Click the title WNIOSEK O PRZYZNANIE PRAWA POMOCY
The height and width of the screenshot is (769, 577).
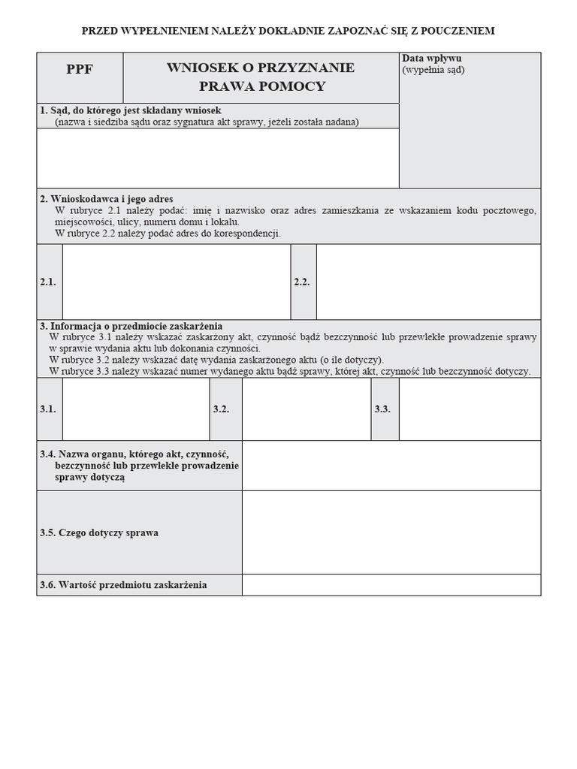(x=261, y=77)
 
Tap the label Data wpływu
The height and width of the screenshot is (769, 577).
(x=431, y=59)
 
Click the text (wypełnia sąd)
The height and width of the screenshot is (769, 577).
(x=434, y=70)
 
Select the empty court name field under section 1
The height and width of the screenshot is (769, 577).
(x=218, y=158)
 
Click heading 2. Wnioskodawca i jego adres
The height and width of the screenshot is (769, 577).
(x=106, y=199)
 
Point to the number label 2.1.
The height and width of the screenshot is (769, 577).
(x=48, y=282)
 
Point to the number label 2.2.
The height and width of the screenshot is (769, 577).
(x=302, y=282)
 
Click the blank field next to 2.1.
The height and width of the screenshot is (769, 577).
(x=177, y=282)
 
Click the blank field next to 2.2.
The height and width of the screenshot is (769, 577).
(x=428, y=282)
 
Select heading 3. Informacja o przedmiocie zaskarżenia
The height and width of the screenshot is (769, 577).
(x=131, y=326)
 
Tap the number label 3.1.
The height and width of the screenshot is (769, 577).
(x=48, y=409)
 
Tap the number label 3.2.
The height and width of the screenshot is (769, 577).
(x=221, y=409)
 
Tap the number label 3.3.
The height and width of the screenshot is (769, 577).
(x=383, y=409)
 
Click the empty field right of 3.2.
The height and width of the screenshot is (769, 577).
(x=306, y=409)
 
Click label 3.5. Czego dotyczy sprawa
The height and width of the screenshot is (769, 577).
(x=99, y=532)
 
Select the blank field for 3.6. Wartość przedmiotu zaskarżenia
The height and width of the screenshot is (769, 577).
(x=391, y=585)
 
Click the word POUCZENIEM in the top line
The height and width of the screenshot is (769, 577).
(x=458, y=31)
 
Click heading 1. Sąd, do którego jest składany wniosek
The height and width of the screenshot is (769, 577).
(x=130, y=110)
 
